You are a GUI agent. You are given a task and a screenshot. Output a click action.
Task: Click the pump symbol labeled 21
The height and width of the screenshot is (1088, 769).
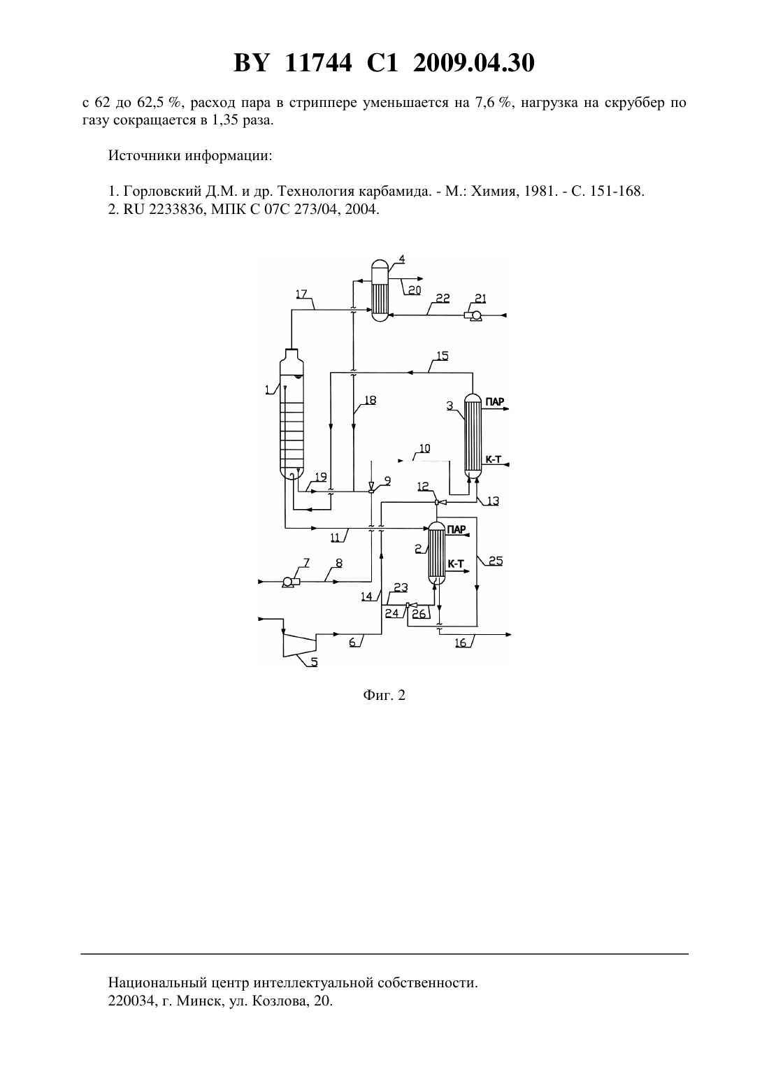point(473,316)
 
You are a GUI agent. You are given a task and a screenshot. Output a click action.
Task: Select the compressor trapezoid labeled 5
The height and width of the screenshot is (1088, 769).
point(299,643)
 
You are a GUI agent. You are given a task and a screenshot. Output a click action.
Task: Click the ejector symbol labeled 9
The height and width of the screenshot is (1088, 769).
point(371,487)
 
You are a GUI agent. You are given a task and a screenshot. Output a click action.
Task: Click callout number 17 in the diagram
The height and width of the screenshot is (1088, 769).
point(301,294)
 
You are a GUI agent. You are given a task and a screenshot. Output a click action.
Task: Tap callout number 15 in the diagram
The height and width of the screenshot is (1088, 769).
point(443,356)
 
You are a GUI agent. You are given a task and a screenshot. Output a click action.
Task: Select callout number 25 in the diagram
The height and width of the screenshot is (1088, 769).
point(496,561)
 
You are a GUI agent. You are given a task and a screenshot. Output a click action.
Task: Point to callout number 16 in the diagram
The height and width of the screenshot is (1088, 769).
point(460,643)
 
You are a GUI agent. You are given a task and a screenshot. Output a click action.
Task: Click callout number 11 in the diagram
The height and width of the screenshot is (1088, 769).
point(336,537)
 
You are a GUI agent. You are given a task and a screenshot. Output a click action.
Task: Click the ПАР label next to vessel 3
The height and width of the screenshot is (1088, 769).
point(495,401)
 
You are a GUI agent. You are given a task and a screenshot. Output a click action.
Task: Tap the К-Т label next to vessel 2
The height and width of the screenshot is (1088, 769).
point(455,564)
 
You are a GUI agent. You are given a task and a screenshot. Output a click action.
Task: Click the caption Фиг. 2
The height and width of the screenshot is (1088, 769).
point(384,695)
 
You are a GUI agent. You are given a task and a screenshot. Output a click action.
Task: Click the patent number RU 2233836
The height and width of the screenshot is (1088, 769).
point(157,210)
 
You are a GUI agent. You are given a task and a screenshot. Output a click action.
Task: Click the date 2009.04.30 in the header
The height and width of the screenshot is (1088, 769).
point(474,63)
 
